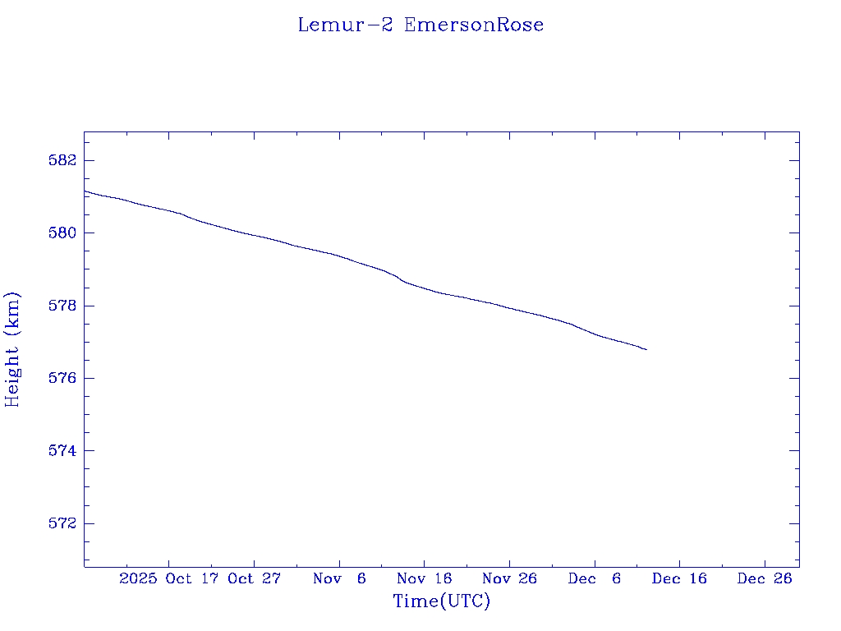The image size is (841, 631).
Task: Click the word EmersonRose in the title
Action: [474, 25]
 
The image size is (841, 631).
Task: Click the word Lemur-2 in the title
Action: [345, 25]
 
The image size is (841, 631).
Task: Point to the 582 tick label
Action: [63, 160]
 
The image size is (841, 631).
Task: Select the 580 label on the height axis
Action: [63, 233]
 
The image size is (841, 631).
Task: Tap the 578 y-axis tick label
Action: [63, 306]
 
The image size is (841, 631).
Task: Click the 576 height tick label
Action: [63, 378]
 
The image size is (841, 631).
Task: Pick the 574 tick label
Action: [63, 451]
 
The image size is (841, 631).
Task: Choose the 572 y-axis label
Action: [63, 523]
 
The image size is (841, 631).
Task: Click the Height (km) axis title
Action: [12, 349]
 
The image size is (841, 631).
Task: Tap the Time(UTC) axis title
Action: [441, 601]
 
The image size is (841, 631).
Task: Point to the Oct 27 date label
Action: [254, 578]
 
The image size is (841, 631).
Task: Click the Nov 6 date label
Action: [339, 578]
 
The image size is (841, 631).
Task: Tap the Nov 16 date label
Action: [425, 578]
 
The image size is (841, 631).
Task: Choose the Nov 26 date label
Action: [509, 578]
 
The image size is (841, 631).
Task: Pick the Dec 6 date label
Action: [595, 578]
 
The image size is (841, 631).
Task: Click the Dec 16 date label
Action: [679, 578]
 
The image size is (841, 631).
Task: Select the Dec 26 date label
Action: [765, 578]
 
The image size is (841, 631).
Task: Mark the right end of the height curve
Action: [646, 350]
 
